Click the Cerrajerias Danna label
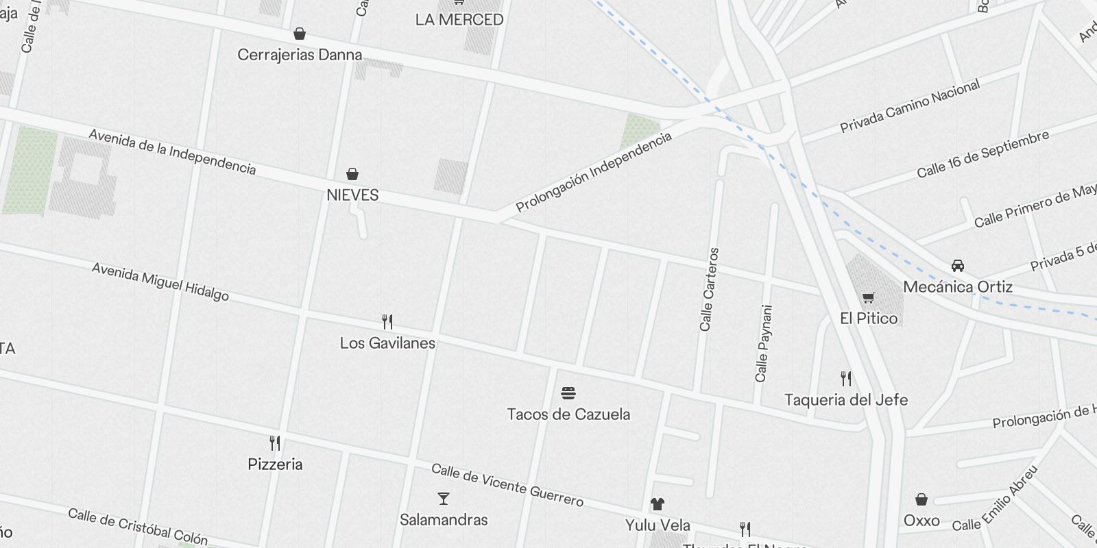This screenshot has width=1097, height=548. (300, 55)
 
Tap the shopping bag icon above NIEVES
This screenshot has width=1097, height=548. (352, 174)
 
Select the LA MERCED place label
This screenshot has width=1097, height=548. (459, 20)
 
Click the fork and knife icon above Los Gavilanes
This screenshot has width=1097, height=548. (387, 321)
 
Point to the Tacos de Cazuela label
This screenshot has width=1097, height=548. (568, 414)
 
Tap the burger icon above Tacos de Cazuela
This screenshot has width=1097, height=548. (568, 393)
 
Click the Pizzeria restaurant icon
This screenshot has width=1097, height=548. (275, 443)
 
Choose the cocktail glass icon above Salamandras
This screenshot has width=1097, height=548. (444, 499)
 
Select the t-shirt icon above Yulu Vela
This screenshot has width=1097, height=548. (658, 505)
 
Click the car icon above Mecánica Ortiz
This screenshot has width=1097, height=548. (958, 266)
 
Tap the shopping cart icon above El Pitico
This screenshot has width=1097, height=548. (869, 297)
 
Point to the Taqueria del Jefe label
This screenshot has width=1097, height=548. (846, 400)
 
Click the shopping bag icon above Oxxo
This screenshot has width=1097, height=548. (921, 499)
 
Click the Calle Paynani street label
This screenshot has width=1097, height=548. (764, 344)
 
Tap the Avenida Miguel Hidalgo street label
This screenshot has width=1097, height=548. (160, 282)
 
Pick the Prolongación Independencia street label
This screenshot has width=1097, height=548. (594, 172)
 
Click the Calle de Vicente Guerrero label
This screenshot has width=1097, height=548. (507, 485)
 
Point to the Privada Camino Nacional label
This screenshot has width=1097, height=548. (910, 107)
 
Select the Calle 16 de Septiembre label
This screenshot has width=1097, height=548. (983, 154)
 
